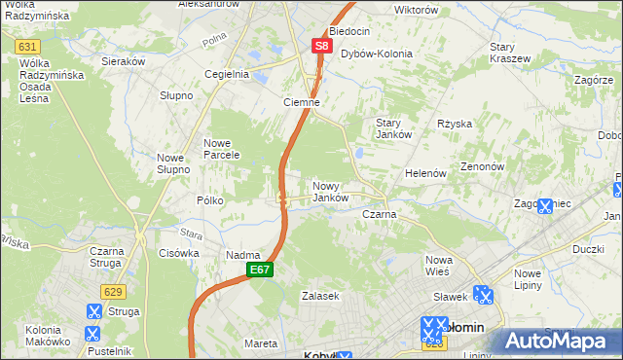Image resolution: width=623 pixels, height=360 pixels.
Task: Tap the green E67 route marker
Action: [x=258, y=270]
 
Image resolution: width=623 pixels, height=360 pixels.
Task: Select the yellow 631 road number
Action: [x=27, y=47]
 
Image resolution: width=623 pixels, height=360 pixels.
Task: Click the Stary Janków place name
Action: [x=395, y=128]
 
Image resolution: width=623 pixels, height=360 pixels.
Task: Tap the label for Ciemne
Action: [x=301, y=102]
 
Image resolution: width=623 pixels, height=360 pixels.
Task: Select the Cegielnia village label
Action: [x=227, y=74]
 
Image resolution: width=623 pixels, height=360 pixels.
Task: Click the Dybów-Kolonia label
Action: [x=376, y=54]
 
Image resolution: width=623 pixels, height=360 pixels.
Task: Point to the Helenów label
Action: [x=425, y=173]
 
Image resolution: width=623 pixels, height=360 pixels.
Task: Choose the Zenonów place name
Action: [x=481, y=166]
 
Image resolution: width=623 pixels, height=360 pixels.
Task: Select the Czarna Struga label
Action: [x=101, y=257]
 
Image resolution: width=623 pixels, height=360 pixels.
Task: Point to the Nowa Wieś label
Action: [x=440, y=267]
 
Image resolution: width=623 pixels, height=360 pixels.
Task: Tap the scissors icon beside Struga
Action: [x=93, y=311]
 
